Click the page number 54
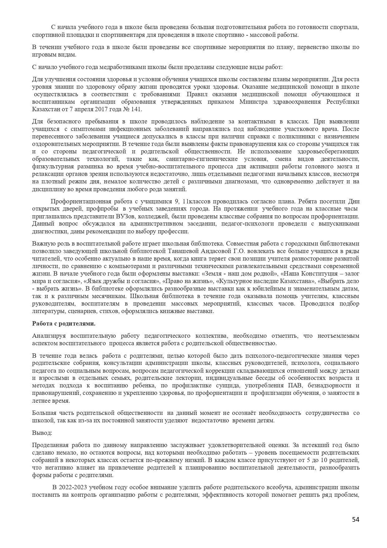click(356, 520)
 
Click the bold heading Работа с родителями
click(64, 324)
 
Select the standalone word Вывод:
click(42, 433)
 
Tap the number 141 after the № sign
click(137, 109)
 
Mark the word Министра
click(254, 102)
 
